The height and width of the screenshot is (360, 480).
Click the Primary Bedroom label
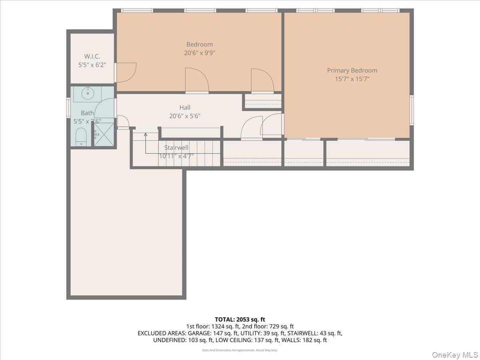point(352,70)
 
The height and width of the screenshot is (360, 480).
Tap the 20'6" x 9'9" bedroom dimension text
point(199,53)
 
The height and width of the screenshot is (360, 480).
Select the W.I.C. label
point(92,56)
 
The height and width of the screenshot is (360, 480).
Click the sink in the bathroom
point(87,94)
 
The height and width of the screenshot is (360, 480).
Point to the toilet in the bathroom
point(81,136)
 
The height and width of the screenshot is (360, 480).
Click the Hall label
point(185,107)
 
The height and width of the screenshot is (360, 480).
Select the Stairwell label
point(176,148)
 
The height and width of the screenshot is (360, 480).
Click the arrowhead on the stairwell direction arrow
point(146,135)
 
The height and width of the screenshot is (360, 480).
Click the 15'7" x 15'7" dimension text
point(352,79)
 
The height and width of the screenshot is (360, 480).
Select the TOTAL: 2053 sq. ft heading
point(240,319)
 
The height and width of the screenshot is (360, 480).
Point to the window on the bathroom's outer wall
point(68,108)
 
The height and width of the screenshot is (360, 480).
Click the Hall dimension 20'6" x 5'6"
point(185,116)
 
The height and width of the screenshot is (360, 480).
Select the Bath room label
point(87,113)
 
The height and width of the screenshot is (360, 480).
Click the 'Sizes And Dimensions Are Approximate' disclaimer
point(240,350)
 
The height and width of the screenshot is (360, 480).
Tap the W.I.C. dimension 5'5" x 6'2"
point(92,65)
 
